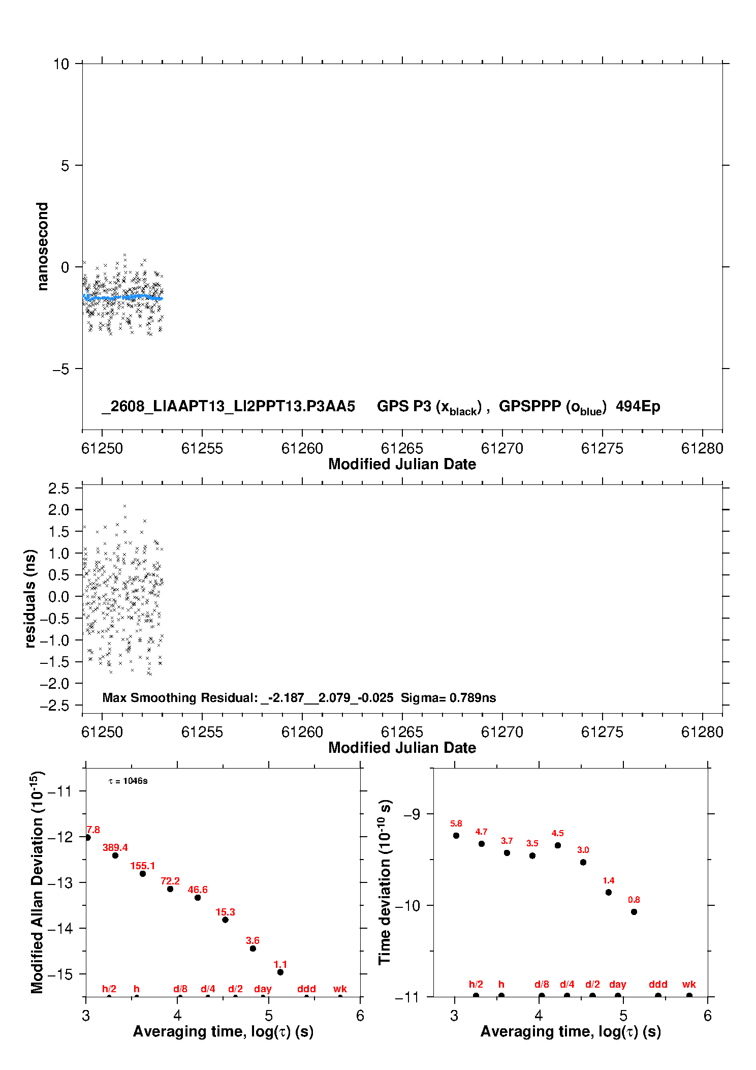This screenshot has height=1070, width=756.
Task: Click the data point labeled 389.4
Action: click(115, 855)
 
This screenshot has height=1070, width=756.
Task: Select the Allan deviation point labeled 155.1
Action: click(143, 874)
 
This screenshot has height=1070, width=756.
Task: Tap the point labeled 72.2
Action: click(170, 889)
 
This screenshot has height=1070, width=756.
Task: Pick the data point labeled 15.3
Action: click(225, 920)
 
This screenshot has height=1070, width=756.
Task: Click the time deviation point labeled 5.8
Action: click(456, 836)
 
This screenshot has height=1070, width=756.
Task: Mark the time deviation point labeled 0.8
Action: click(634, 912)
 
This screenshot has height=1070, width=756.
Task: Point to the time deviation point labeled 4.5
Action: click(558, 845)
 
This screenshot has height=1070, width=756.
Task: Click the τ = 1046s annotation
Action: click(128, 781)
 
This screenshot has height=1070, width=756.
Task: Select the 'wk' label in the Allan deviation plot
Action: click(340, 989)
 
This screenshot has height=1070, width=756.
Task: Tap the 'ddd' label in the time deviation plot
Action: click(658, 984)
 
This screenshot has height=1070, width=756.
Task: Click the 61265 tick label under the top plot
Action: click(402, 448)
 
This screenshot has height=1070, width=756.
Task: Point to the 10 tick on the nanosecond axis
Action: click(61, 64)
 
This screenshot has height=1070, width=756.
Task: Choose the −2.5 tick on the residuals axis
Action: click(58, 706)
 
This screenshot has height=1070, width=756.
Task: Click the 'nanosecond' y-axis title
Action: click(42, 247)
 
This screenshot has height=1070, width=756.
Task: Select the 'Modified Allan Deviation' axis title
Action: click(37, 882)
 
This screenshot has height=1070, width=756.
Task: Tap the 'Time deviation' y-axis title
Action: click(385, 882)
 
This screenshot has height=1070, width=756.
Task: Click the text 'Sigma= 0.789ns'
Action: click(449, 697)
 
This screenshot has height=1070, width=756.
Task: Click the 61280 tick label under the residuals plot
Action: click(702, 732)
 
